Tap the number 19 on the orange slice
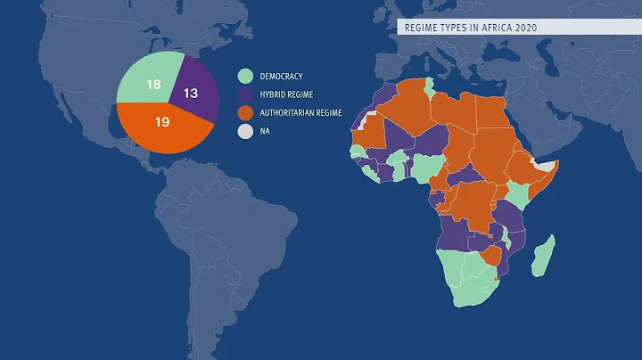pos(162,121)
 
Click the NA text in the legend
pos(267,132)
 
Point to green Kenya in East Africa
pos(519,194)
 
